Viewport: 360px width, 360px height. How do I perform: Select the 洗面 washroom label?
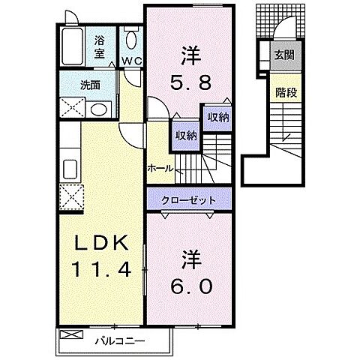[91, 84]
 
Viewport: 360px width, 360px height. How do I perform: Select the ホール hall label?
[160, 168]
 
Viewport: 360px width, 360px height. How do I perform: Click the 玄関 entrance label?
[283, 55]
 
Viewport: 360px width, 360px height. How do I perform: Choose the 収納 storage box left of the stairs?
[186, 135]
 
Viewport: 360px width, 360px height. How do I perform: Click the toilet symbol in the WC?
[132, 40]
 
